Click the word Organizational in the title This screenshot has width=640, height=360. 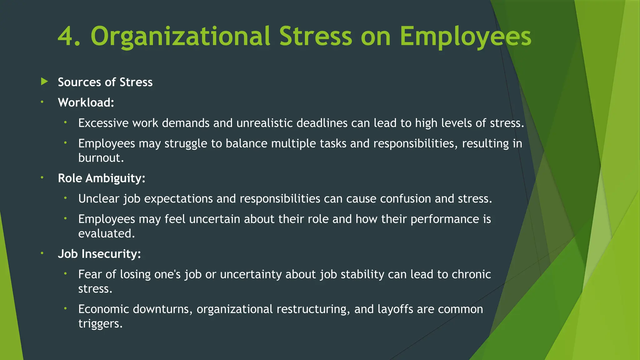pyautogui.click(x=180, y=37)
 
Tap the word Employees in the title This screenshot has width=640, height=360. pyautogui.click(x=465, y=37)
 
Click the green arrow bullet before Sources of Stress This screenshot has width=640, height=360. pyautogui.click(x=44, y=82)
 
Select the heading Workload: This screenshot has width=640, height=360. pyautogui.click(x=86, y=102)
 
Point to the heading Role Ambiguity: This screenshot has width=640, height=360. pyautogui.click(x=102, y=178)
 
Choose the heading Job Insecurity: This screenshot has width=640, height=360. pyautogui.click(x=99, y=254)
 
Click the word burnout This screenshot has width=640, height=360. pyautogui.click(x=101, y=158)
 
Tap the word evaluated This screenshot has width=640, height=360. pyautogui.click(x=106, y=233)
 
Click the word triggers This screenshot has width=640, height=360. pyautogui.click(x=100, y=323)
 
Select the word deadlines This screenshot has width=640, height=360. pyautogui.click(x=322, y=123)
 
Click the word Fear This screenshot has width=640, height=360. pyautogui.click(x=90, y=274)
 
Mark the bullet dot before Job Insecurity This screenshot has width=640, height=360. pyautogui.click(x=42, y=253)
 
